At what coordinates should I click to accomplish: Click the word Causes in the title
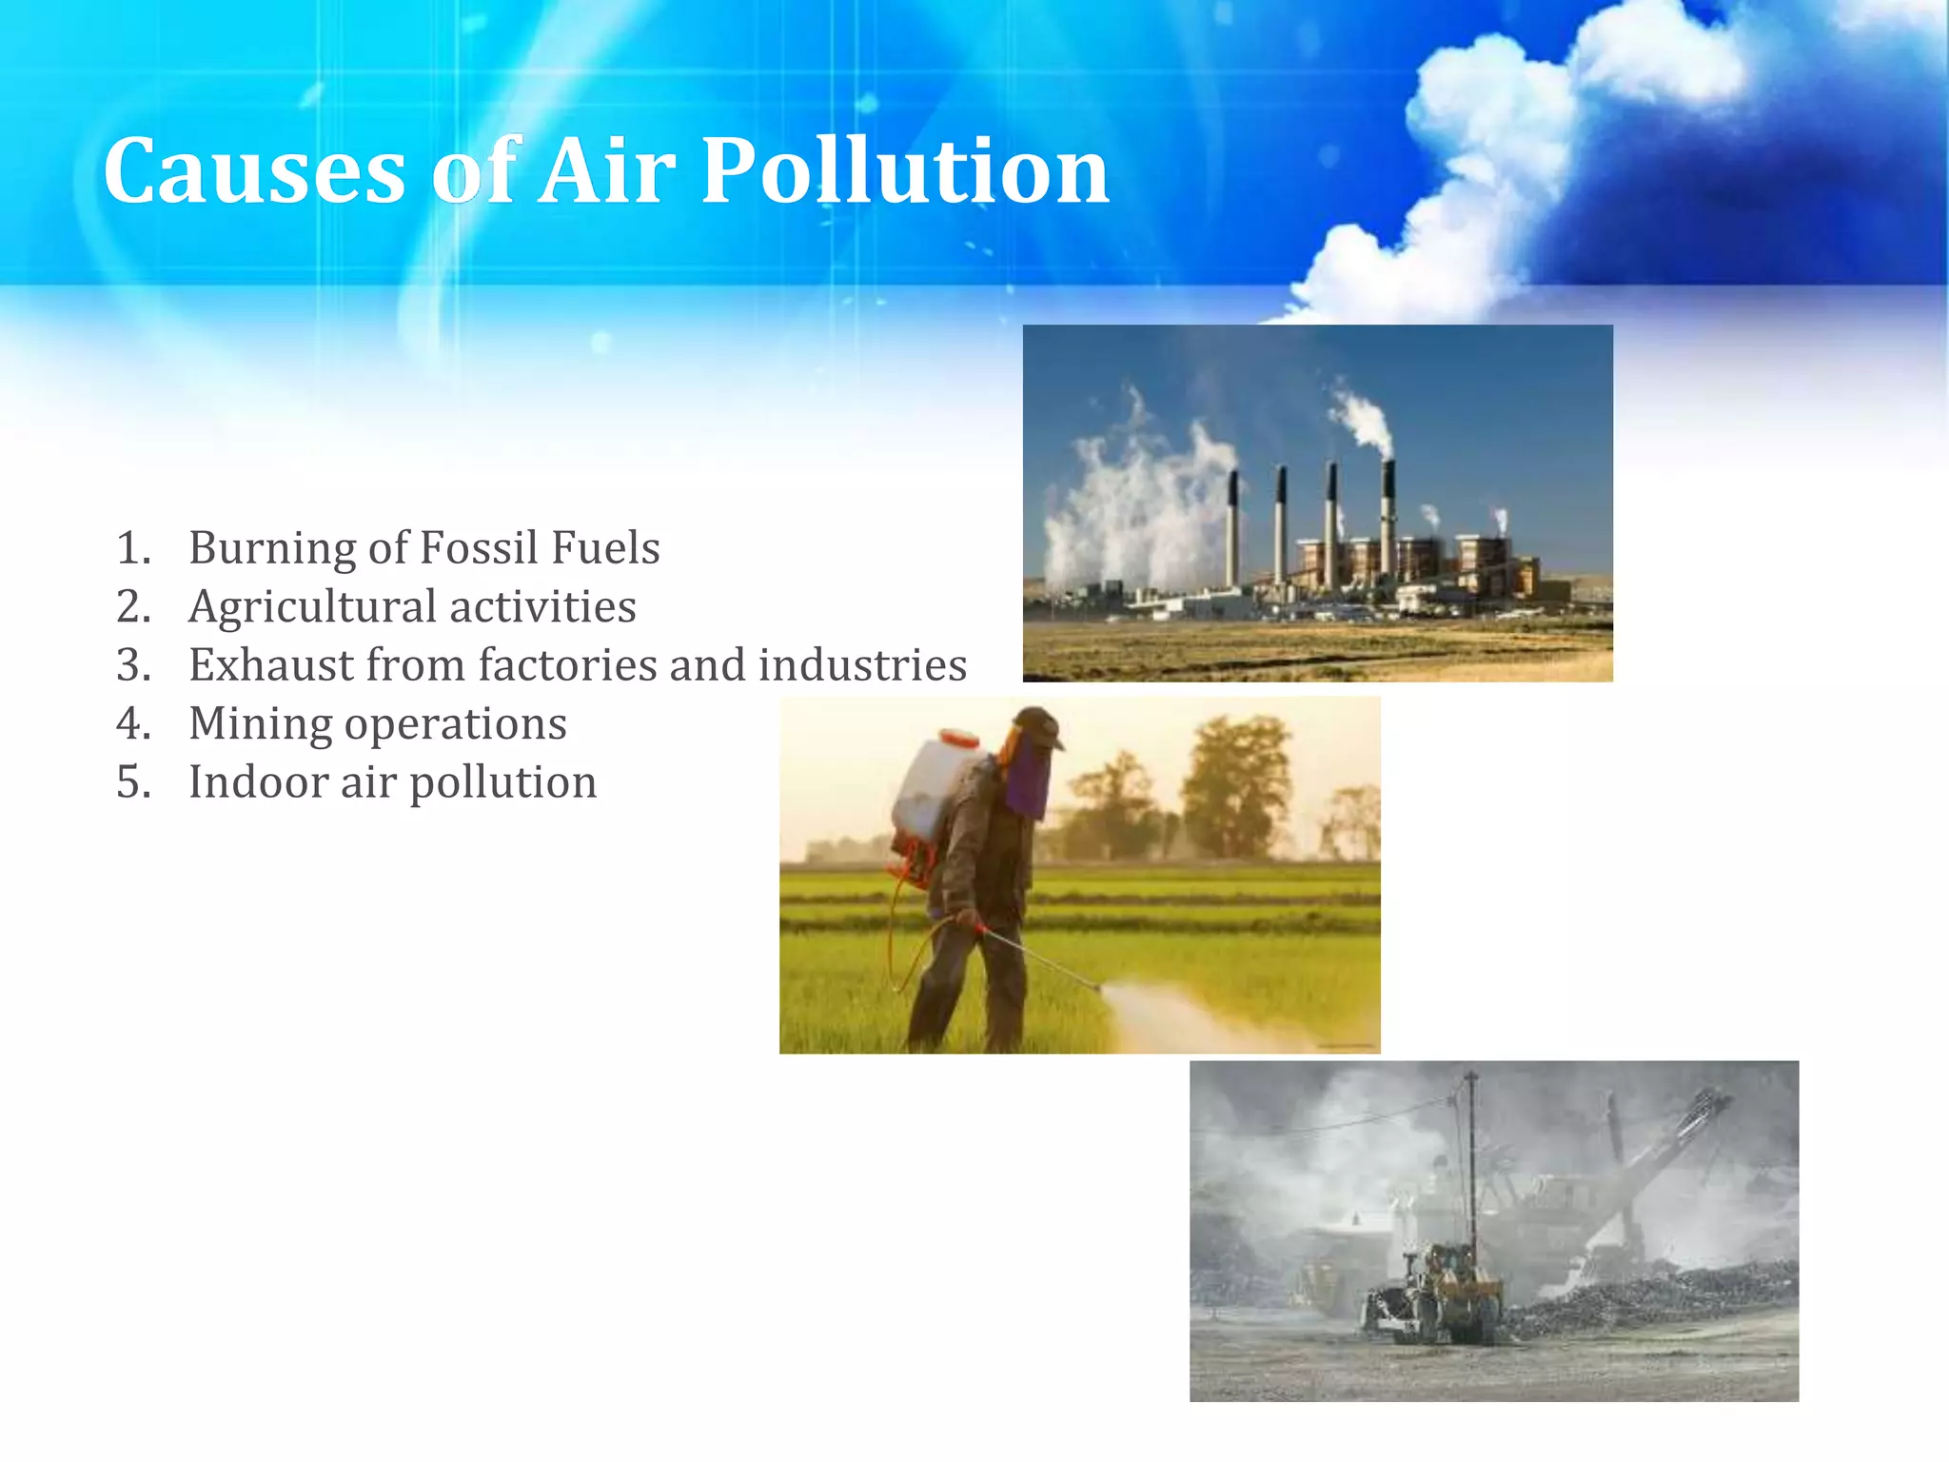255,171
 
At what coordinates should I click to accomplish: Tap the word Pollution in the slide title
904,171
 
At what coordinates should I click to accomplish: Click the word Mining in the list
259,724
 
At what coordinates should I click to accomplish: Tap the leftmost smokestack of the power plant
1233,528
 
